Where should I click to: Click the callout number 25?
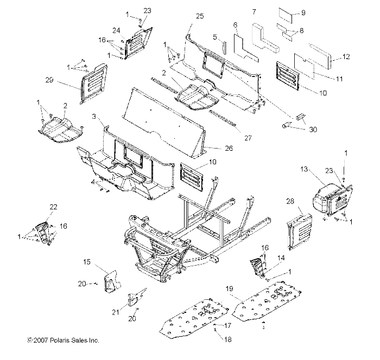click(200, 17)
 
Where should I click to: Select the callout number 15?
click(86, 262)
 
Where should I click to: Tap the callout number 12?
click(347, 56)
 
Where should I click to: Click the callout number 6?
click(236, 25)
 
